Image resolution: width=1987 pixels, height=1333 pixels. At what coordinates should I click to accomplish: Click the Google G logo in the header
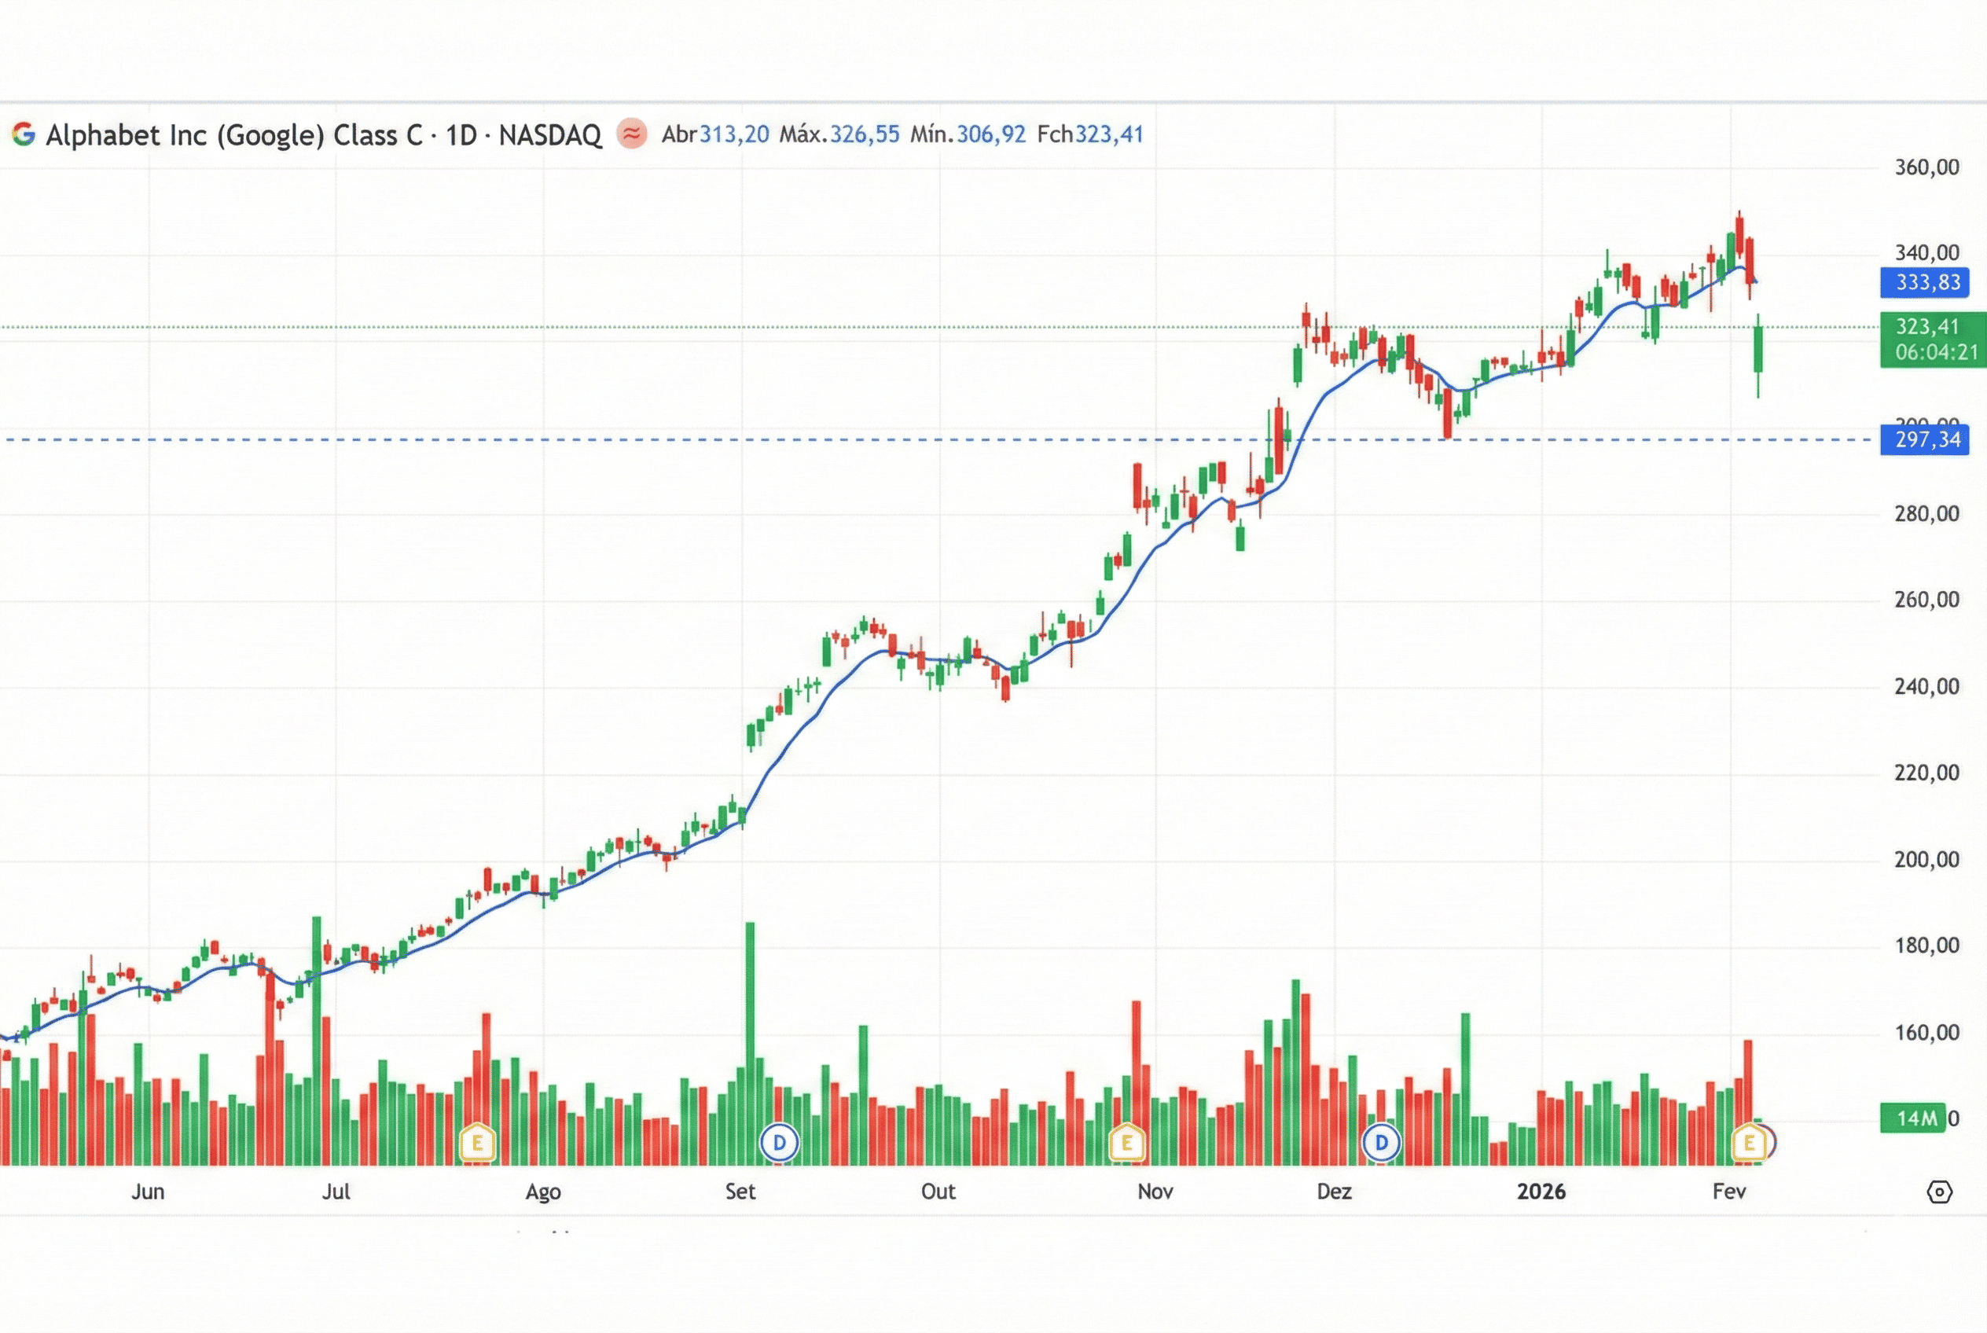24,134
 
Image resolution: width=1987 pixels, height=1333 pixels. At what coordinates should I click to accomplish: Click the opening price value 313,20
734,134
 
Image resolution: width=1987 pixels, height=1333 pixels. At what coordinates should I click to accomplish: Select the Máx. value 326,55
864,134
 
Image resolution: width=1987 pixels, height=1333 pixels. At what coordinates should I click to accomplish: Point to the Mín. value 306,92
990,134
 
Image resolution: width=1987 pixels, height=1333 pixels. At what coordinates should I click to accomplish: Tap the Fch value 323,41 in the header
1109,134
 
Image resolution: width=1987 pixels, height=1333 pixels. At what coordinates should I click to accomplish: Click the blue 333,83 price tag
1927,282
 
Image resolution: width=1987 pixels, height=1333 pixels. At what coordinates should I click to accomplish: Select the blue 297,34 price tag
1927,439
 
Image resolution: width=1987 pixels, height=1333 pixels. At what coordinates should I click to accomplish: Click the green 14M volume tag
1916,1118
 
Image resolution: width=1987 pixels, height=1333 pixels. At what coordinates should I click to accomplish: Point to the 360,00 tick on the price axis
1926,167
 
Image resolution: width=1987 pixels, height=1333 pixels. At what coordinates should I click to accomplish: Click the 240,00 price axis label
1926,687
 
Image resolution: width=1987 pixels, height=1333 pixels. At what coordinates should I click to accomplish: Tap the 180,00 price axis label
1926,946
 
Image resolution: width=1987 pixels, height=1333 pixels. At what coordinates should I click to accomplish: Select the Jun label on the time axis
148,1192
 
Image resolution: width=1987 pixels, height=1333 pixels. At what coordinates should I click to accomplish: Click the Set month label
740,1192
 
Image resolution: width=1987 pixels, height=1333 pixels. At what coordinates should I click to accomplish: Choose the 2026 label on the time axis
1541,1192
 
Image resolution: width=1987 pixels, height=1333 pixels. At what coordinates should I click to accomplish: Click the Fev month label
1729,1192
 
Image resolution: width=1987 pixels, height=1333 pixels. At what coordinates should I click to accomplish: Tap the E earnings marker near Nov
1126,1143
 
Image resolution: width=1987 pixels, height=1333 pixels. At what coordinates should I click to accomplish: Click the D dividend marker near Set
779,1143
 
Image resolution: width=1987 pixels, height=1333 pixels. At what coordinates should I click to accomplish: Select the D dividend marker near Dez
1381,1143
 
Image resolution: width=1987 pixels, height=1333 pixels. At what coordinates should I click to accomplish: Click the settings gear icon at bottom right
1938,1192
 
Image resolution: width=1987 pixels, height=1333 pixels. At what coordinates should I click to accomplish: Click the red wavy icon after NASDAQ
632,134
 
